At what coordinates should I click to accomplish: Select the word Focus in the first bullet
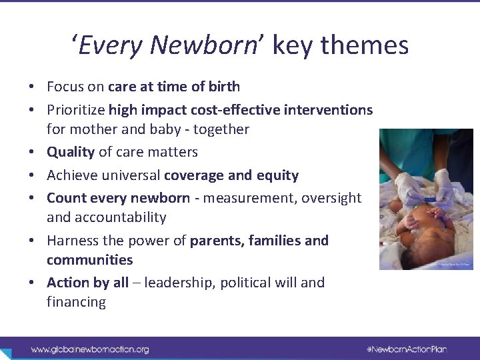pyautogui.click(x=65, y=87)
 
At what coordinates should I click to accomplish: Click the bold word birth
pyautogui.click(x=225, y=87)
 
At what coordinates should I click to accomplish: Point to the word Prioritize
pyautogui.click(x=75, y=109)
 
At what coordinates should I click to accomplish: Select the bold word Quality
pyautogui.click(x=71, y=152)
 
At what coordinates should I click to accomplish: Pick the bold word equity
pyautogui.click(x=278, y=175)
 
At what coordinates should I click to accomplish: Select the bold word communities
pyautogui.click(x=90, y=260)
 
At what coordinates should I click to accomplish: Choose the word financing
pyautogui.click(x=76, y=302)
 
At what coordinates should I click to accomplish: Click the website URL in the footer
pyautogui.click(x=90, y=349)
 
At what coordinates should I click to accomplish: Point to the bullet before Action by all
pyautogui.click(x=31, y=283)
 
